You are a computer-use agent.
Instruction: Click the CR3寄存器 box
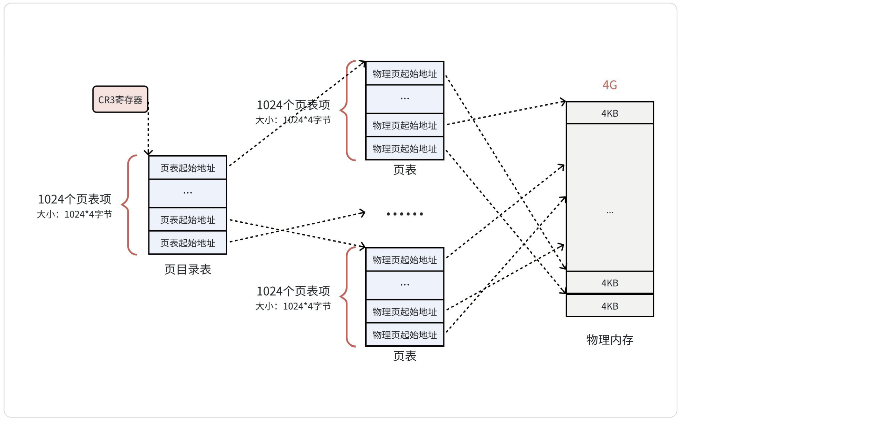point(120,99)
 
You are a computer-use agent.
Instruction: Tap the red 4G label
point(610,85)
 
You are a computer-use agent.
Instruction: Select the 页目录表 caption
point(187,270)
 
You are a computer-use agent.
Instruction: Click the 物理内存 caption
point(610,340)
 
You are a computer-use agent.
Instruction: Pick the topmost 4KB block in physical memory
point(610,113)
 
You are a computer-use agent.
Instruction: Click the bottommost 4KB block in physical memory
point(610,306)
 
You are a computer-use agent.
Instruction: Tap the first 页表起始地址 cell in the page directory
point(187,168)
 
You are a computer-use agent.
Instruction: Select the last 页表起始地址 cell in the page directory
point(187,243)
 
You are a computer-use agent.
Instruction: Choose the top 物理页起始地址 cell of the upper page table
point(405,73)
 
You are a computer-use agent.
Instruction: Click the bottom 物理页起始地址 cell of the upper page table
point(405,149)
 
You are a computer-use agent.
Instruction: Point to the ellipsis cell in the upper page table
point(405,99)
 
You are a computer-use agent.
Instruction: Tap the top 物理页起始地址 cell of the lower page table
point(405,260)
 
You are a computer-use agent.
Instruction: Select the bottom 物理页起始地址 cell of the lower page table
point(405,335)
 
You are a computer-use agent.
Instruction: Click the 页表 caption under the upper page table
point(405,170)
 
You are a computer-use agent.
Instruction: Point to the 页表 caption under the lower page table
point(405,356)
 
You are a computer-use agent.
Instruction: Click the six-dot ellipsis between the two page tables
point(405,214)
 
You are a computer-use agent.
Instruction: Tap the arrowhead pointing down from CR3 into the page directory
point(148,152)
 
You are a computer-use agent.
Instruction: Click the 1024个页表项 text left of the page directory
point(74,199)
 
